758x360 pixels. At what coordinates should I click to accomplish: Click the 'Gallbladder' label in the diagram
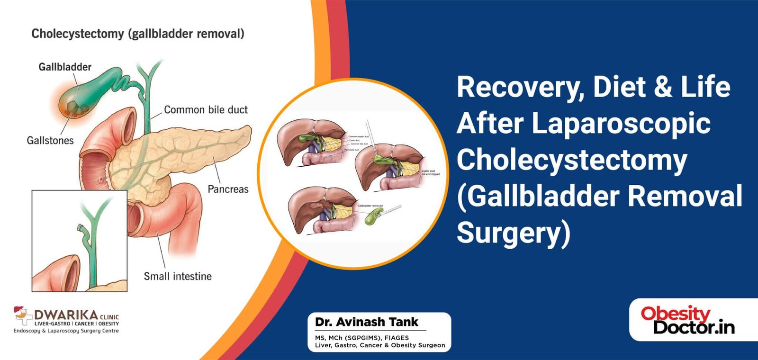tap(65, 67)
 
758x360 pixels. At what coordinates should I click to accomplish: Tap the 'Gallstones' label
tap(50, 140)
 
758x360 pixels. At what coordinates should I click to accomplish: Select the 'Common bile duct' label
tap(206, 110)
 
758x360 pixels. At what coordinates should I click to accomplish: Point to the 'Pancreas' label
tap(228, 189)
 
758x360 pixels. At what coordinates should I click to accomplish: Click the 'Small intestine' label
tap(178, 276)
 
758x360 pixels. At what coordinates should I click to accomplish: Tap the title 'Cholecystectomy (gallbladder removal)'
tap(138, 34)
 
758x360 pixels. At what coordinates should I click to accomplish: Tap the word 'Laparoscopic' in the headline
tap(621, 124)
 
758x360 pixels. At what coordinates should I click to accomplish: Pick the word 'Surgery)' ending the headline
tap(513, 233)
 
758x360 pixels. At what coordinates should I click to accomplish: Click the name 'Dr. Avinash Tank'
tap(367, 322)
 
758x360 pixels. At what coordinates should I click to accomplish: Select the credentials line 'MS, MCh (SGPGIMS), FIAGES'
tap(362, 338)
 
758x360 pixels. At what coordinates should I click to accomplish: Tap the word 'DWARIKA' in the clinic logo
tap(66, 315)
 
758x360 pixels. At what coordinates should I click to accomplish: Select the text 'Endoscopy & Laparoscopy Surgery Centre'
tap(66, 331)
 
